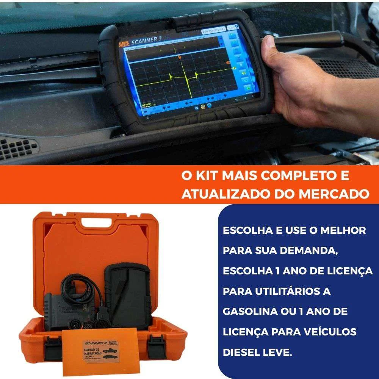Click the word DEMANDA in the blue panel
click(307, 251)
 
